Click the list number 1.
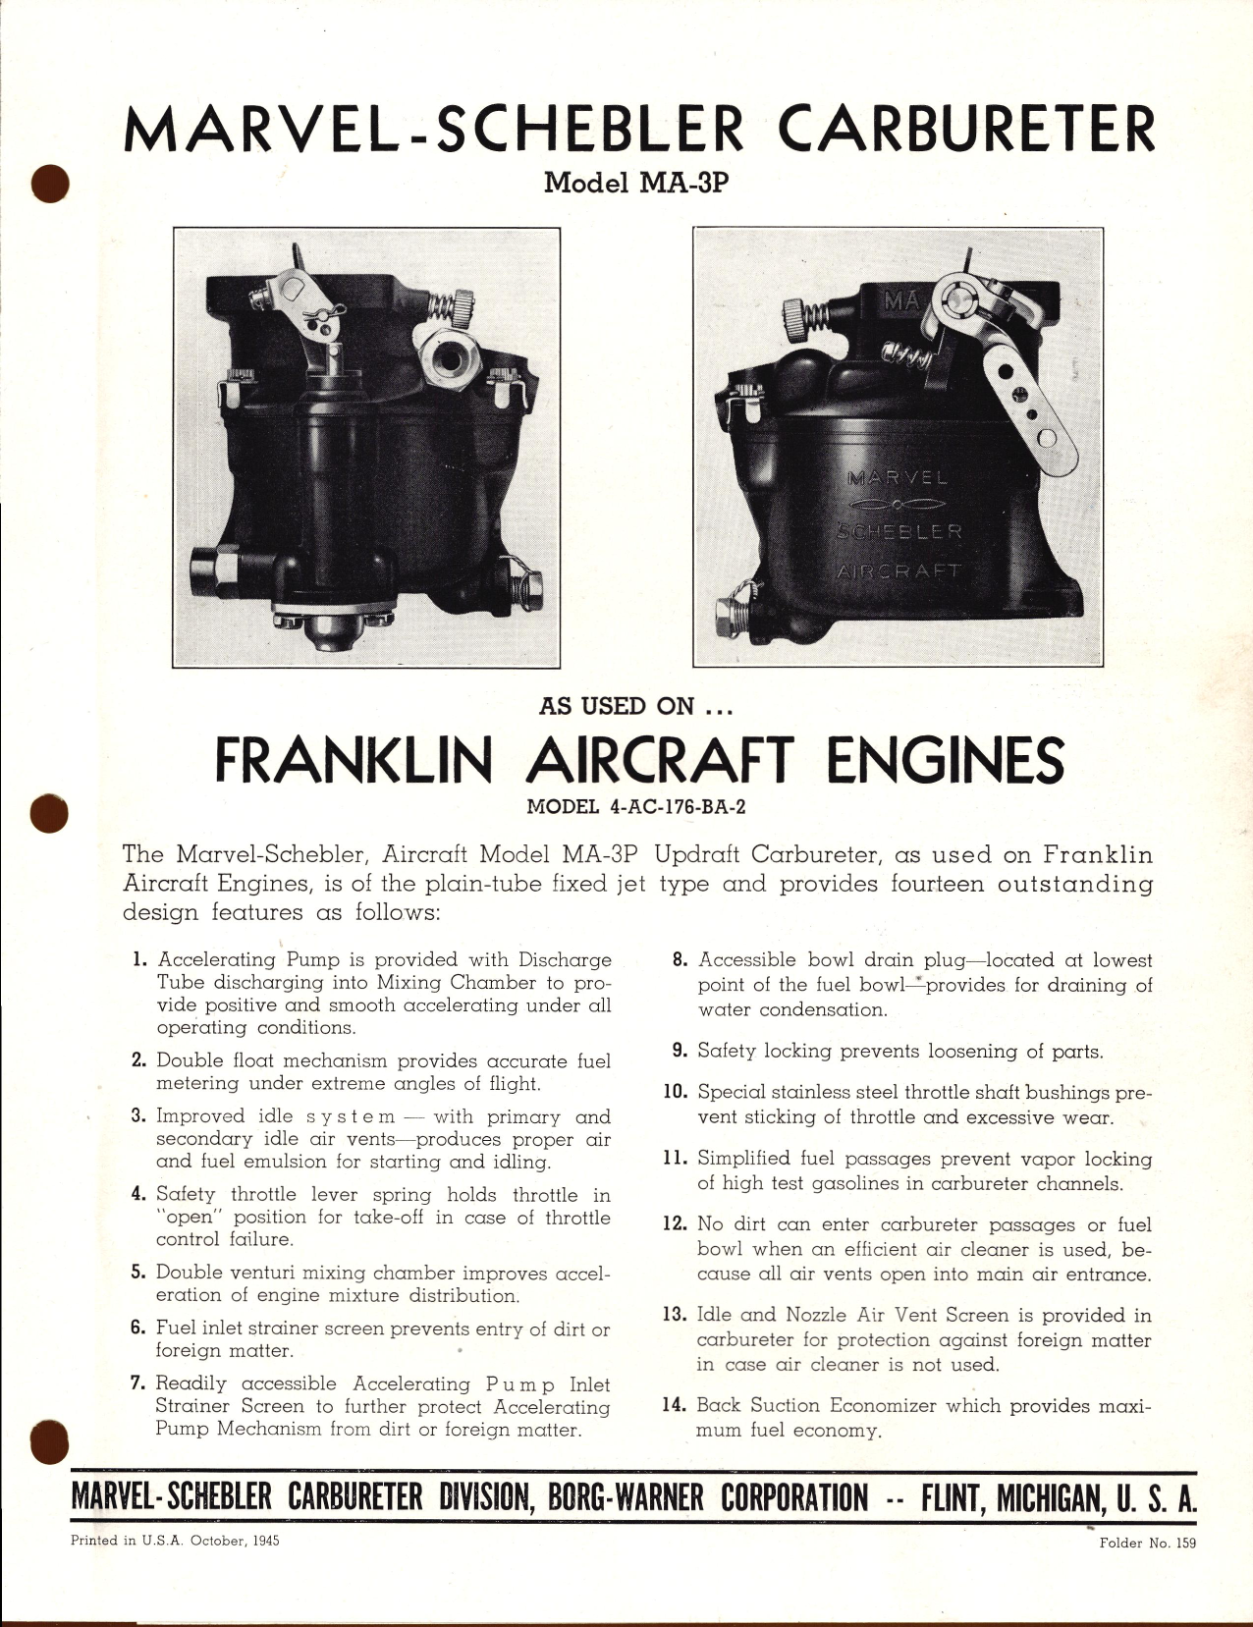click(x=139, y=959)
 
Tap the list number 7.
click(x=138, y=1383)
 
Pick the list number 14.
click(x=673, y=1405)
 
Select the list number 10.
click(x=673, y=1092)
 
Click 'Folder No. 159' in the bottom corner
click(x=1147, y=1543)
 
